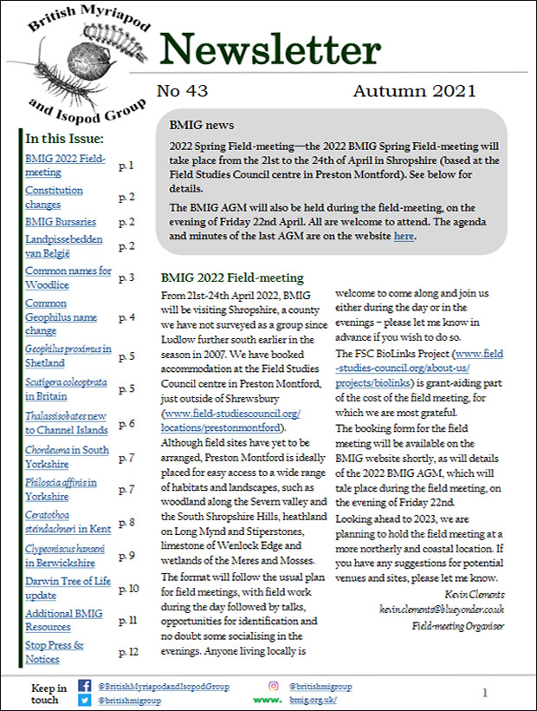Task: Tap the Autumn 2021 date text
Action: point(414,91)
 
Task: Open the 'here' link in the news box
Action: point(403,235)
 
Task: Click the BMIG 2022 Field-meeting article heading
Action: point(232,278)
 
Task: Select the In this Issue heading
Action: point(65,139)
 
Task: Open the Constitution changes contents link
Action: point(54,197)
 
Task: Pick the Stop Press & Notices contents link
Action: point(55,651)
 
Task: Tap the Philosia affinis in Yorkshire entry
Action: point(61,489)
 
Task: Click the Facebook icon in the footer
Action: point(84,686)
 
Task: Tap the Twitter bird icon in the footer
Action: point(84,699)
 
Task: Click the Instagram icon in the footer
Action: point(273,686)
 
